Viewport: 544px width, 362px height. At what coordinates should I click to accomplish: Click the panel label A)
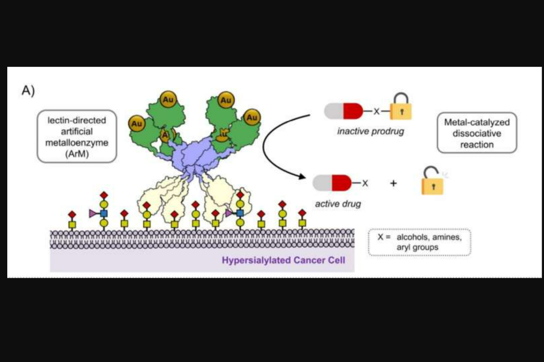[x=28, y=90]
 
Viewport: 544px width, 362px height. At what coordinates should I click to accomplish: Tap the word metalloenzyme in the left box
[x=77, y=143]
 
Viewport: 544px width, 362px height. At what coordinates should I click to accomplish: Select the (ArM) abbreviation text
[x=77, y=154]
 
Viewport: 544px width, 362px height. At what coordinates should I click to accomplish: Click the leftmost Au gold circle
[x=137, y=124]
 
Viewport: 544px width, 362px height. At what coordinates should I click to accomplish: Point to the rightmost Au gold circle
[x=252, y=117]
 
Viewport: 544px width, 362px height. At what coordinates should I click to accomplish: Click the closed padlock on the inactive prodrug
[x=401, y=106]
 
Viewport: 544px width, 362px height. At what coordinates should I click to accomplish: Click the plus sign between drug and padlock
[x=393, y=183]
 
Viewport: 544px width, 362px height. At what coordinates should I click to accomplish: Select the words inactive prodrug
[x=371, y=131]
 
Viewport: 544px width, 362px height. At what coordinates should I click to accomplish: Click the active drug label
[x=338, y=204]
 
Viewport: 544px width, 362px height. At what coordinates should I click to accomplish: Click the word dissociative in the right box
[x=477, y=134]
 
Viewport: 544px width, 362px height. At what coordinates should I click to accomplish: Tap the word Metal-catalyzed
[x=477, y=122]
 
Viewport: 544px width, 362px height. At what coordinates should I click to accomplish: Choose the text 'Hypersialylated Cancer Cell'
[x=283, y=260]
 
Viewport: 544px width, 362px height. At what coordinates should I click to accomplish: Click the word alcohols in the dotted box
[x=413, y=237]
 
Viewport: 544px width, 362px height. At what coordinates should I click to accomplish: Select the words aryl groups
[x=418, y=248]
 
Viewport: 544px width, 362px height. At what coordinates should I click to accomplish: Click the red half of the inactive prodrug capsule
[x=353, y=111]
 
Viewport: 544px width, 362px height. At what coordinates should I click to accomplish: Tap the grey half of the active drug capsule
[x=322, y=183]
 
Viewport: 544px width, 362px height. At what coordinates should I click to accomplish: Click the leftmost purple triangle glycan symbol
[x=93, y=213]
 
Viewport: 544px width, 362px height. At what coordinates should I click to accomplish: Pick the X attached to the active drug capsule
[x=365, y=183]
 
